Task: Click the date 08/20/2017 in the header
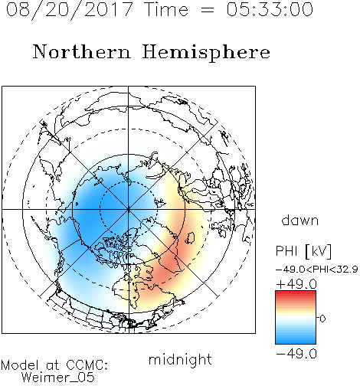coord(69,10)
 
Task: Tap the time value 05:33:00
coord(270,10)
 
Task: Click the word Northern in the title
coord(82,51)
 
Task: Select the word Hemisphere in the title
coord(206,52)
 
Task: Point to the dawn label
coord(300,220)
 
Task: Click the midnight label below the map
coord(180,359)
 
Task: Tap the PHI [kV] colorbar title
coord(303,251)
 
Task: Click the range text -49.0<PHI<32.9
coord(316,270)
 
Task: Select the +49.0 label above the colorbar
coord(296,284)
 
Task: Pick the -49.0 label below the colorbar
coord(296,354)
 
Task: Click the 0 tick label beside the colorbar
coord(322,319)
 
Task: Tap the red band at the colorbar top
coord(296,294)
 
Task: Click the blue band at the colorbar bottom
coord(296,339)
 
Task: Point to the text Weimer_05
coord(58,378)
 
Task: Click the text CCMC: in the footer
coord(87,365)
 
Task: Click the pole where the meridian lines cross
coord(129,209)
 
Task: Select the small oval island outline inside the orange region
coord(190,237)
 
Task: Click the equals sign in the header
coord(207,10)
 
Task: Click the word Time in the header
coord(166,10)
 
